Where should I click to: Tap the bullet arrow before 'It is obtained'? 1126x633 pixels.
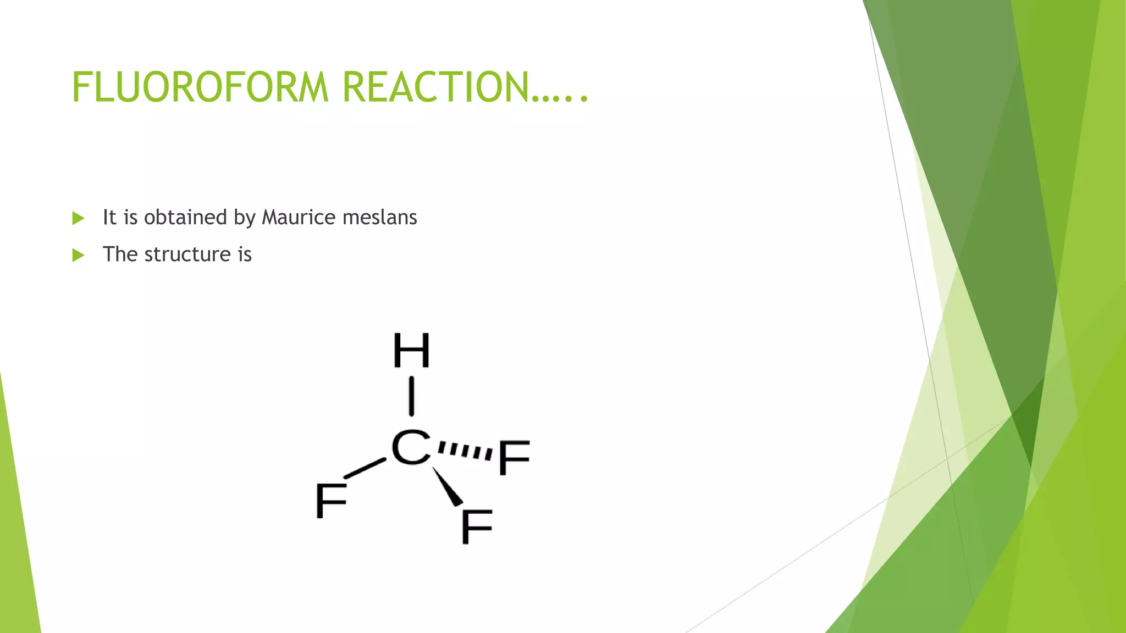78,218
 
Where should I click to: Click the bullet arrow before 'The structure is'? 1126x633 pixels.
78,255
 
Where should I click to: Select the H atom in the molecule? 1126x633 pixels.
411,351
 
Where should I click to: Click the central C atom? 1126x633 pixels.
410,447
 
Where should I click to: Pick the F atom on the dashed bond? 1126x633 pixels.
514,457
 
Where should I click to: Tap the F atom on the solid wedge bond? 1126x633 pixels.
476,526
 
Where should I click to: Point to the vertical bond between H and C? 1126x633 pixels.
411,396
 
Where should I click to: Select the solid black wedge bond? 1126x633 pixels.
448,487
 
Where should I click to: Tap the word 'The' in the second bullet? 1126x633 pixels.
120,254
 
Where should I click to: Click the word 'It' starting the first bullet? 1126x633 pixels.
109,217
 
